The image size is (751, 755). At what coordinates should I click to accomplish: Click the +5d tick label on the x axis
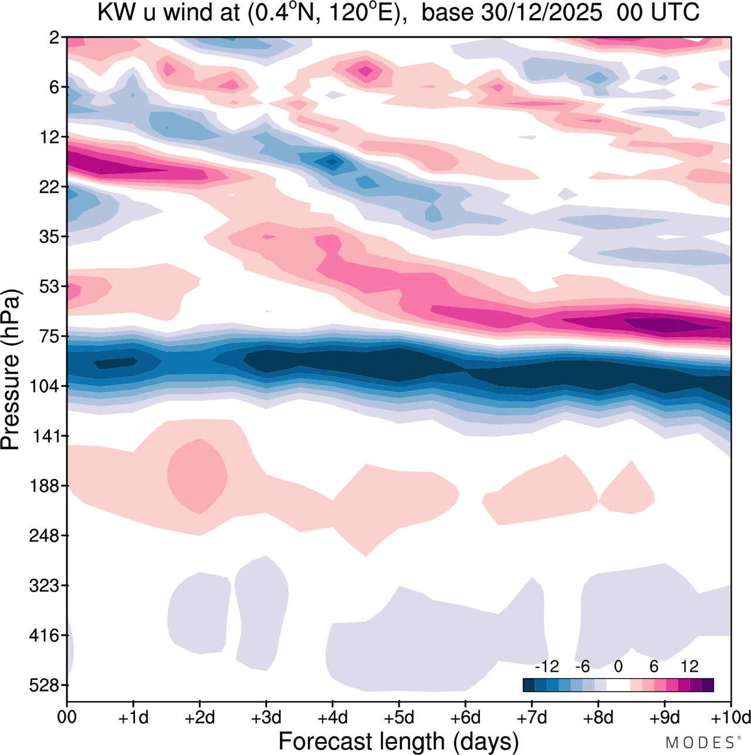399,717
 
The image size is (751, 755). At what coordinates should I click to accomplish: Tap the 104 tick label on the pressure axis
48,386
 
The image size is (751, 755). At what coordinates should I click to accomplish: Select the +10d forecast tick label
730,717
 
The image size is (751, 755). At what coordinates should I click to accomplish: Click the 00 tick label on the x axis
67,717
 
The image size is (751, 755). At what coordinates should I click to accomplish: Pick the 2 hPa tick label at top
55,38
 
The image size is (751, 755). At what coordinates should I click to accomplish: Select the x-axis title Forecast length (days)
398,741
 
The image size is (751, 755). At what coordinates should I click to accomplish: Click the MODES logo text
702,743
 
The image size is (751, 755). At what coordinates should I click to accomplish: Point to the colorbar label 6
654,666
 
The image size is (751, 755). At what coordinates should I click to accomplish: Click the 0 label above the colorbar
618,666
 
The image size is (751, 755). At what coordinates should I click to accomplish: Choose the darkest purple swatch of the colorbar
708,685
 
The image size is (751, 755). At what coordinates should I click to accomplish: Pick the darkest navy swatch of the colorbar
529,685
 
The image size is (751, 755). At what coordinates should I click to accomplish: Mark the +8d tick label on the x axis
598,717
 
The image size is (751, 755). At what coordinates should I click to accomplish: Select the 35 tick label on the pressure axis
51,237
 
